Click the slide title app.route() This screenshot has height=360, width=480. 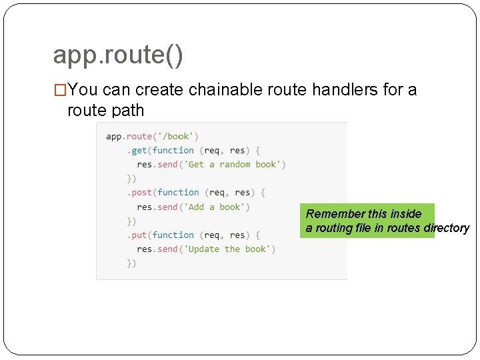click(x=117, y=55)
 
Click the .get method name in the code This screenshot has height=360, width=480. click(x=139, y=151)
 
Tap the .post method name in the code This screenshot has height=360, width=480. click(x=141, y=193)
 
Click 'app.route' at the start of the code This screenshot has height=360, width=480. click(x=129, y=137)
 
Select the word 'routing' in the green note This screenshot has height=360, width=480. click(x=333, y=228)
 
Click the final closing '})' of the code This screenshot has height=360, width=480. click(x=132, y=263)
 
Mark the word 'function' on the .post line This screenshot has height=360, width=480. click(x=178, y=193)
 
